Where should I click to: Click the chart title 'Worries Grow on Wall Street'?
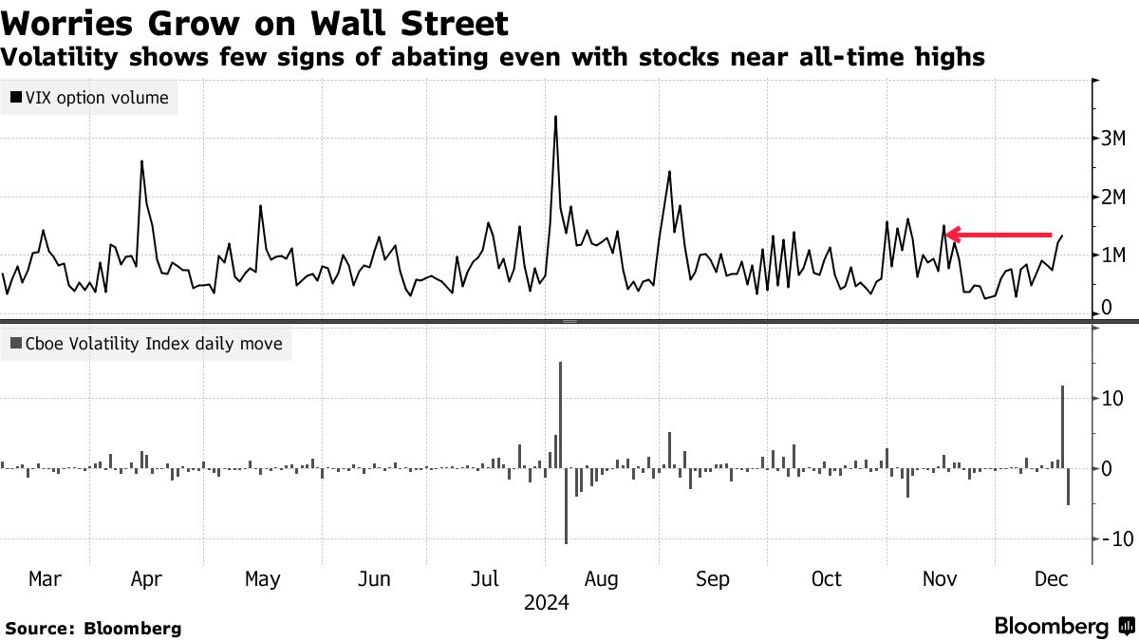coord(254,23)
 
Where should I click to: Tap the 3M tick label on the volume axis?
coord(1113,139)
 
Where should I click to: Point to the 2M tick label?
coord(1113,197)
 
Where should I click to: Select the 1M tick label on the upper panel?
coord(1113,255)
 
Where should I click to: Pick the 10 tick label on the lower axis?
coord(1112,399)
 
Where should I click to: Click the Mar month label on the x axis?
coord(45,579)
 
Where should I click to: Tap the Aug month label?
coord(602,579)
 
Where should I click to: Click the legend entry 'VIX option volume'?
coord(90,97)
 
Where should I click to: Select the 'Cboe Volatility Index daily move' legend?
coord(146,344)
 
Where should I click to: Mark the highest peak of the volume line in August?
coord(555,117)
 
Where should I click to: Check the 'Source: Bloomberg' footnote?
coord(93,628)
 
